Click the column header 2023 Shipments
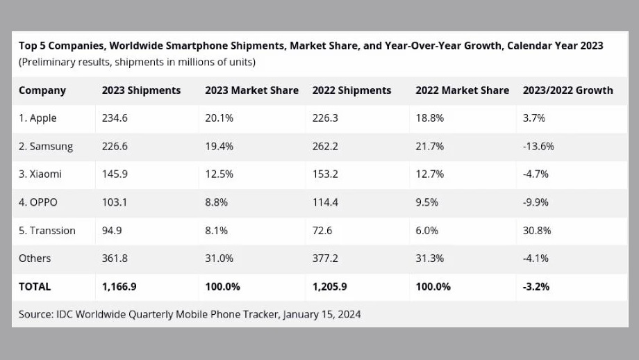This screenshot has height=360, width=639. [x=141, y=90]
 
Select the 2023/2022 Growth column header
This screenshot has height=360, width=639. [x=567, y=90]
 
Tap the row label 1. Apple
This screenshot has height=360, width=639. [x=38, y=118]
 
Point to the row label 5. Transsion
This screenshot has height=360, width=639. [x=47, y=230]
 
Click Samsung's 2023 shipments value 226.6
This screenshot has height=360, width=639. [x=115, y=147]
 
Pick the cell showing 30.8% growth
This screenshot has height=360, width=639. [x=536, y=230]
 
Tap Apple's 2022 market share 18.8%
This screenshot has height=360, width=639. [x=429, y=118]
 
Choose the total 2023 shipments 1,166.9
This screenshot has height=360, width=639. [x=119, y=286]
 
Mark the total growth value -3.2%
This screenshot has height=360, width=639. [x=536, y=286]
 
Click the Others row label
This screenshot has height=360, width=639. [x=35, y=259]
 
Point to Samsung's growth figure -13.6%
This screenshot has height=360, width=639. [x=538, y=147]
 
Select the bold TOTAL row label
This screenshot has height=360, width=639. [x=35, y=286]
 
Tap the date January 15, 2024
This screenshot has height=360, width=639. [x=323, y=314]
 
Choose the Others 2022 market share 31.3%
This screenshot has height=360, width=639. [x=429, y=259]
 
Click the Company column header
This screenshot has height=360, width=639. [x=42, y=90]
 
